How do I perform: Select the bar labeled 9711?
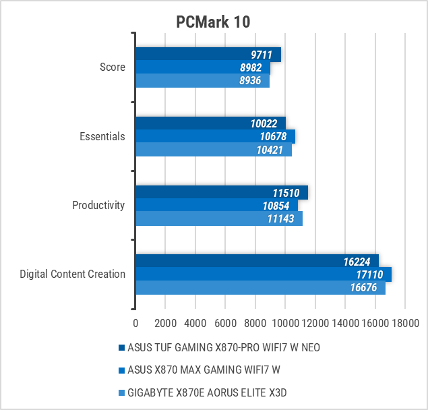(208, 55)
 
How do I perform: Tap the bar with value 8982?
(202, 67)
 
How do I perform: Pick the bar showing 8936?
(202, 81)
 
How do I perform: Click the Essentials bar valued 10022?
(210, 123)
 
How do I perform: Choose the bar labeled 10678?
(215, 137)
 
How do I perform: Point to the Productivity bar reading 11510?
(221, 192)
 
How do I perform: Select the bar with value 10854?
(216, 206)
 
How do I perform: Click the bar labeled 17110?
(263, 274)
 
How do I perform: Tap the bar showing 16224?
(256, 261)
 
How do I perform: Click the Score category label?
(113, 67)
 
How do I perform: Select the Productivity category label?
(98, 205)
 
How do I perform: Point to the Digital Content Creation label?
(73, 274)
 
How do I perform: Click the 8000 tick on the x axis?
(255, 322)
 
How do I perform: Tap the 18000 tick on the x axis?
(404, 322)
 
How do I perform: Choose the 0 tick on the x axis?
(135, 322)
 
